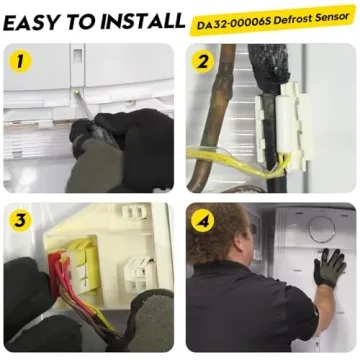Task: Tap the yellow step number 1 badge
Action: [20, 61]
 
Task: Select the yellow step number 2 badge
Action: [202, 61]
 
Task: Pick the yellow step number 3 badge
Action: [20, 220]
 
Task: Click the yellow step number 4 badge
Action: [202, 220]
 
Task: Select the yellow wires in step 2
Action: [233, 162]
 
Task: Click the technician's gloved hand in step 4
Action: [329, 267]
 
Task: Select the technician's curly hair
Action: [217, 233]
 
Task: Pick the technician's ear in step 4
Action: [243, 246]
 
